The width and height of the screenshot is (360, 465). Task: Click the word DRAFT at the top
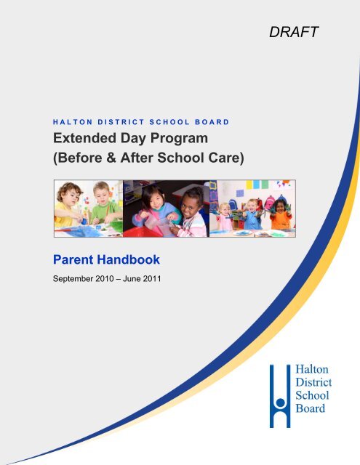click(294, 32)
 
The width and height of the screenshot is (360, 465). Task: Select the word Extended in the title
click(84, 138)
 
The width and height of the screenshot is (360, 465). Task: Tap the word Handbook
click(129, 260)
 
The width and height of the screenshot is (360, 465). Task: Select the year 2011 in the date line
click(152, 279)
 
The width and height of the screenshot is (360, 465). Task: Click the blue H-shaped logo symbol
click(280, 396)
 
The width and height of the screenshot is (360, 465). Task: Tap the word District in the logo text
click(313, 382)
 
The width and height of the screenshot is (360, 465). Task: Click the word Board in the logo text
click(310, 408)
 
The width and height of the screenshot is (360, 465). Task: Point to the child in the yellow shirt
click(68, 205)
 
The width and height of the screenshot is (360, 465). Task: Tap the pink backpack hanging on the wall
click(270, 202)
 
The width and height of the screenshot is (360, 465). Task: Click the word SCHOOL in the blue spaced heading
click(169, 122)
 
